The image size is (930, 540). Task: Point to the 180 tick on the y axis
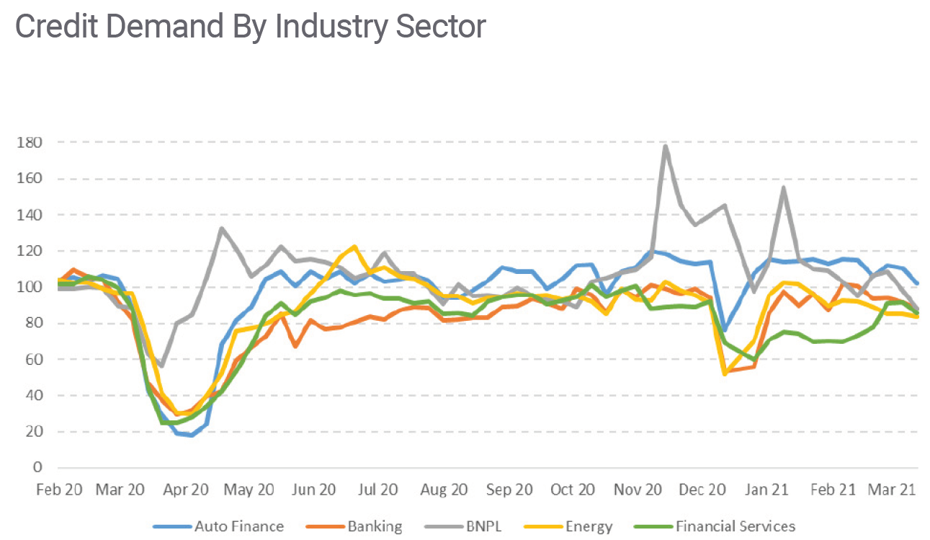(x=29, y=143)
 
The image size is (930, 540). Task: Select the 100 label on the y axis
(x=29, y=287)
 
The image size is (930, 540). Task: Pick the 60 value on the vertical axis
(x=32, y=359)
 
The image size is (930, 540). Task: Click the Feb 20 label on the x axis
(x=59, y=490)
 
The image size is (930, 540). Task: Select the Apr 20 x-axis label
(x=186, y=490)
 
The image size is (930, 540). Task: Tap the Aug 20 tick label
(x=444, y=490)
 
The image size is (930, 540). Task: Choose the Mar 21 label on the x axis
(x=892, y=490)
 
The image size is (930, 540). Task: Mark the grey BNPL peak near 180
(x=665, y=146)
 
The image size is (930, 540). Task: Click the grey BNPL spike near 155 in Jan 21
(x=783, y=188)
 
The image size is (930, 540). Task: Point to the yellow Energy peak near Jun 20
(x=354, y=247)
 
